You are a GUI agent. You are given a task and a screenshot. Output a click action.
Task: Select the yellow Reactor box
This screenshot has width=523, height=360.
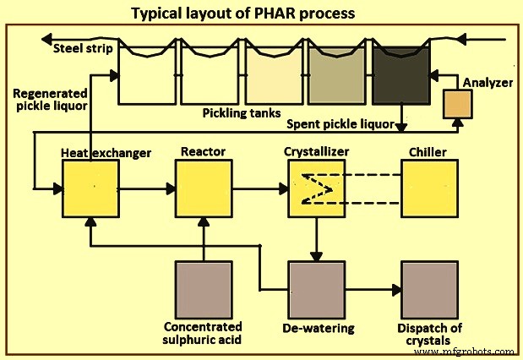coord(204,188)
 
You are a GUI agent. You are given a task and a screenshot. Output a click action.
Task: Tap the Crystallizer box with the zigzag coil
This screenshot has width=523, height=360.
coord(316,188)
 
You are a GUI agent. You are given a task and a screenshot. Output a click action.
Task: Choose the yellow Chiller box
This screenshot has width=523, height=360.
coord(429,188)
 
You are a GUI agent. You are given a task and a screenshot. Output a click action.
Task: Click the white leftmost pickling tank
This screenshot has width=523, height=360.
coord(148,73)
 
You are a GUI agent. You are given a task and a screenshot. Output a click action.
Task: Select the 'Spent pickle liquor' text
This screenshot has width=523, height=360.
coord(340,125)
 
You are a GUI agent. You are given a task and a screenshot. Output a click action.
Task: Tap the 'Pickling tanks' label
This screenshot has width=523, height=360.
coord(239,112)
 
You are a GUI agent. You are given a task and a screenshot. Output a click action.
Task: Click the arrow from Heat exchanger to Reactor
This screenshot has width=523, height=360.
coord(147,188)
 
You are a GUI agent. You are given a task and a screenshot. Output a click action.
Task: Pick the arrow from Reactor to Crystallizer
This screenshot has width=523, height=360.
coord(259,188)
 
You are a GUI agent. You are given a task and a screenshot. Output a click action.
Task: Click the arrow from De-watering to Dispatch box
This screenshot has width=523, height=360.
coord(373,290)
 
